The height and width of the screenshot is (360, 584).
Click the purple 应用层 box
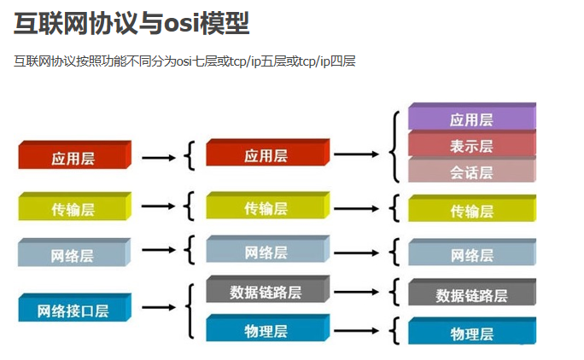[472, 117]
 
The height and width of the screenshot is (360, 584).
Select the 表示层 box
[472, 143]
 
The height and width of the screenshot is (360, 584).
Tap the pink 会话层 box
[472, 170]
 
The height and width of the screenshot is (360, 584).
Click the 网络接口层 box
[74, 307]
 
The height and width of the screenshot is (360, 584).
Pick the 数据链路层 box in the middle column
[268, 289]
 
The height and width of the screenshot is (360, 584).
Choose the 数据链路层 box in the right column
[472, 293]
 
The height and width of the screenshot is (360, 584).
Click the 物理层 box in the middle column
[268, 328]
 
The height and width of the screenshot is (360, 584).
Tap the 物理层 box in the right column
[472, 331]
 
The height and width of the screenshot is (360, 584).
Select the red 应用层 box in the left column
[74, 155]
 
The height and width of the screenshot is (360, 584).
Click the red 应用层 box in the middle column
[268, 152]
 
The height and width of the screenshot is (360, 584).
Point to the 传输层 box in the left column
[74, 206]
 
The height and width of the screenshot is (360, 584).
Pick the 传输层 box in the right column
[472, 208]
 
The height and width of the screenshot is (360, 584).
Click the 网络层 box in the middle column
[268, 249]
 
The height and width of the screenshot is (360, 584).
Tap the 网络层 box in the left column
[74, 253]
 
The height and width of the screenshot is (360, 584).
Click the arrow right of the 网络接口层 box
[159, 307]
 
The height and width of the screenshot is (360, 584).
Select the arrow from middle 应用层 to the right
[356, 154]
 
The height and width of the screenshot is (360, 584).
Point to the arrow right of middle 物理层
[356, 331]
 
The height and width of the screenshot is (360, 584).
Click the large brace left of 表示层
[394, 147]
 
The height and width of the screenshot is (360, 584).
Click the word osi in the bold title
[181, 24]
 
